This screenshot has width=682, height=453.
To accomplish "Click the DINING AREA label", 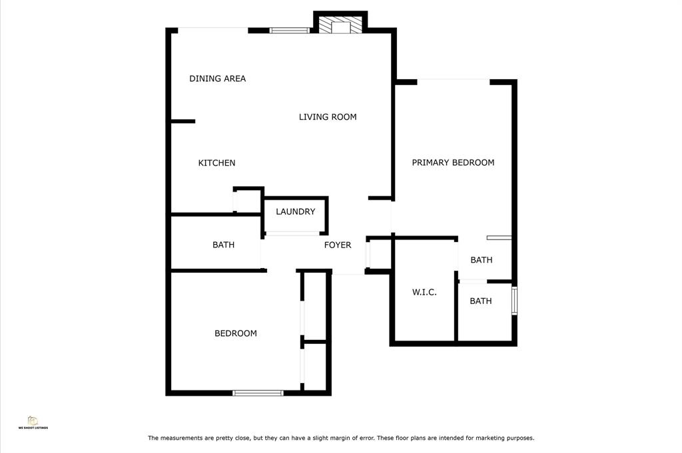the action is [218, 78].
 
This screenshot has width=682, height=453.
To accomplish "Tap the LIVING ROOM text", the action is [328, 117].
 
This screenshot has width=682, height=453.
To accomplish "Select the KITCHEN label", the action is [216, 163].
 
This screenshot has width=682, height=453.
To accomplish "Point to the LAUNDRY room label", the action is [295, 212].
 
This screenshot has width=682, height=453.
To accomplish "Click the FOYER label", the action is [338, 245].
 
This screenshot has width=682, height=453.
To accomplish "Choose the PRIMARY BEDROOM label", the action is [453, 162].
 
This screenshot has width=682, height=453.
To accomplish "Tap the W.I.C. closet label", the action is [424, 292].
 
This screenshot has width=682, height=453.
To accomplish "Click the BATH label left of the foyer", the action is [223, 245].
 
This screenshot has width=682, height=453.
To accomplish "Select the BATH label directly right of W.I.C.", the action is [481, 301].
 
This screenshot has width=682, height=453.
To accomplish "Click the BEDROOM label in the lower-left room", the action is [235, 333].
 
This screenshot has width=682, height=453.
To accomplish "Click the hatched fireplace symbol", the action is [340, 25].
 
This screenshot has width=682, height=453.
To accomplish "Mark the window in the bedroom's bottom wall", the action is [258, 393].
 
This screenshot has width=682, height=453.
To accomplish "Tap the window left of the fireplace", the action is [289, 31].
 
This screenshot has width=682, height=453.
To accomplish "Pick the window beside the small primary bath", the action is [514, 300].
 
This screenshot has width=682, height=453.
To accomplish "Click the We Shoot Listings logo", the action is [33, 422].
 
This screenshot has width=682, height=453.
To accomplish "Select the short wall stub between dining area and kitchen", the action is [182, 122].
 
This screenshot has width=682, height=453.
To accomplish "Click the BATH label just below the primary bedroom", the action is [482, 260].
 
